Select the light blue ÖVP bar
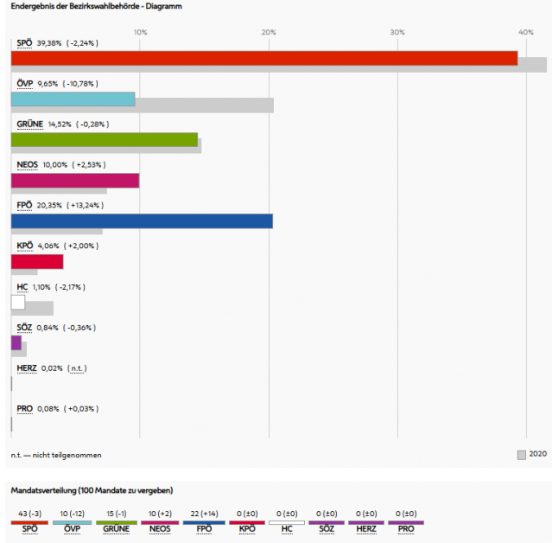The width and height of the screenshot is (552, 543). [73, 99]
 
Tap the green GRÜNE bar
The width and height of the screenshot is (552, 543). [104, 139]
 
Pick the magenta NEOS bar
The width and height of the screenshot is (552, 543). [74, 180]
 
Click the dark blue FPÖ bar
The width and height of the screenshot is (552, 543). [142, 220]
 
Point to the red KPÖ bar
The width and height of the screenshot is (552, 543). [37, 261]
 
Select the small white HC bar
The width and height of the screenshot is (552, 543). [18, 302]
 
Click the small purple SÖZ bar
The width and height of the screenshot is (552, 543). [16, 342]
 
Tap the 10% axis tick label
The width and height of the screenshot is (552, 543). [140, 32]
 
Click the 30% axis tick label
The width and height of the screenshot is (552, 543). [397, 32]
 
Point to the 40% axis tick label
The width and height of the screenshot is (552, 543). [525, 32]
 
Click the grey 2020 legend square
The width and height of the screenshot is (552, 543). [521, 454]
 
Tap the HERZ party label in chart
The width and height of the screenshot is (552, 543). [27, 368]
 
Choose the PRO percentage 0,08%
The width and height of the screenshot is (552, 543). [48, 409]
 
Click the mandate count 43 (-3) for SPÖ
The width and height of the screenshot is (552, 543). [29, 514]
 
